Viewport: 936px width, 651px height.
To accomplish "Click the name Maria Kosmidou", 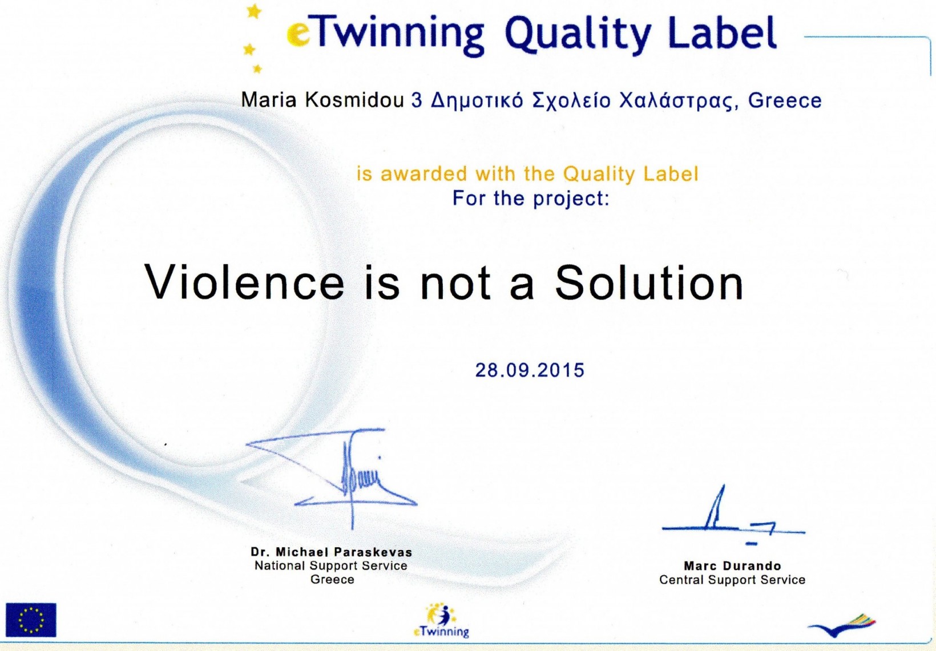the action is point(322,100).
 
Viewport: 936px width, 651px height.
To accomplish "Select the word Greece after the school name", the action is point(785,100).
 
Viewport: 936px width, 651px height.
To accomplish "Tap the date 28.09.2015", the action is point(530,370).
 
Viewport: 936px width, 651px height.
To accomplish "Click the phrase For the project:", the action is point(531,198).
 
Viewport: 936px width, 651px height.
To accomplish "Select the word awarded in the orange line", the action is point(423,173).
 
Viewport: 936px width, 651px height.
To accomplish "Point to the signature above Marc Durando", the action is point(733,516).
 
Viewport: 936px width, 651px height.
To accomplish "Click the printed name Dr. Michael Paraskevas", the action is point(332,552).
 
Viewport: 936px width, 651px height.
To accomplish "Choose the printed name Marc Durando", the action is point(732,566).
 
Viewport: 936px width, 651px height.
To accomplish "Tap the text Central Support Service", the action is point(732,580).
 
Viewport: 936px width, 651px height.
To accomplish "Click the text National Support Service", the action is point(331,565).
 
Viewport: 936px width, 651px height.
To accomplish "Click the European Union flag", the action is point(31,620).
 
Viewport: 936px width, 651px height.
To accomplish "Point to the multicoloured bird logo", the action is point(842,625).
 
